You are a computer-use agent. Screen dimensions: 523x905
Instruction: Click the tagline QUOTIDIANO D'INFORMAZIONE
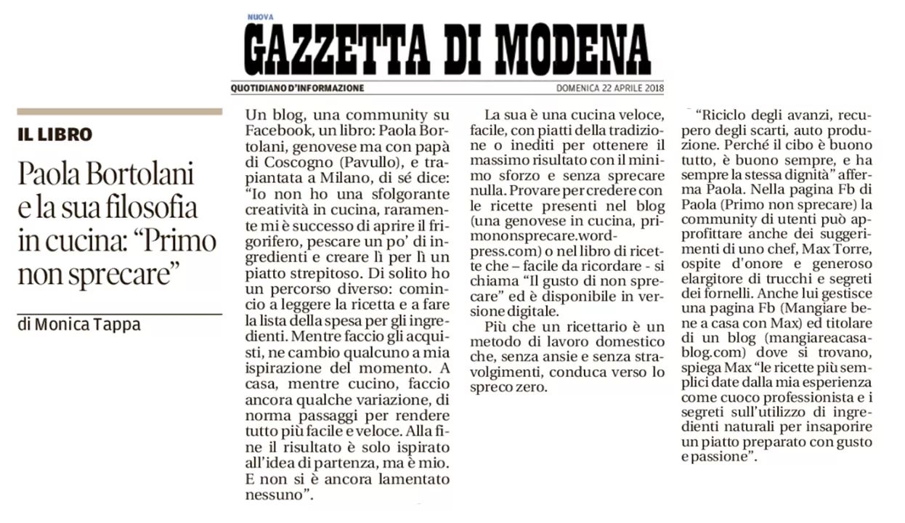pos(297,89)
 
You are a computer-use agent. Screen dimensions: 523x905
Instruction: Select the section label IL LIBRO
pos(55,134)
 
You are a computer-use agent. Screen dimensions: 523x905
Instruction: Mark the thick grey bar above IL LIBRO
pos(119,112)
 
